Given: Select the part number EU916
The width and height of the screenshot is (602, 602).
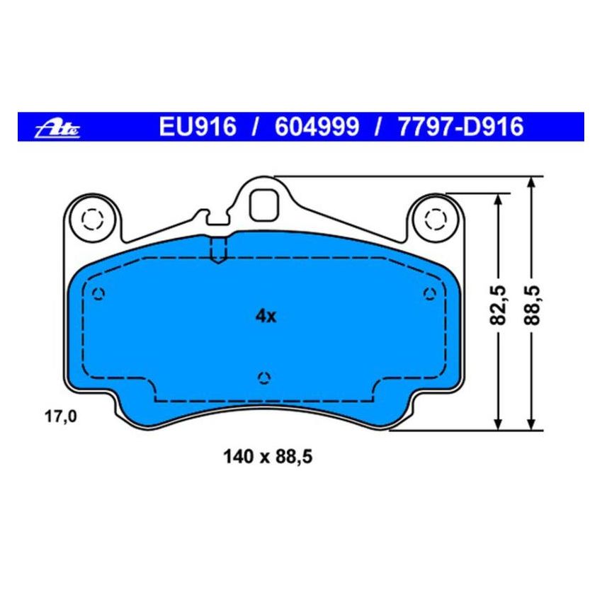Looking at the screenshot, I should click(197, 127).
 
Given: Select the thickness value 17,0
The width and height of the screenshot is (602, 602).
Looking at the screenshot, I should click(60, 416).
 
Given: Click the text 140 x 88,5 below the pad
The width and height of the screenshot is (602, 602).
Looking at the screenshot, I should click(267, 458).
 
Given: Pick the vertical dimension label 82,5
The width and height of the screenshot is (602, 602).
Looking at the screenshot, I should click(500, 306).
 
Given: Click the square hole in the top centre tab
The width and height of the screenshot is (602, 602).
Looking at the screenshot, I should click(265, 205).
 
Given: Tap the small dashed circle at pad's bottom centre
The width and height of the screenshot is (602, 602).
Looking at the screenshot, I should click(264, 377).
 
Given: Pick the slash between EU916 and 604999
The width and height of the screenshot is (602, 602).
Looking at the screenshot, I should click(252, 127).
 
